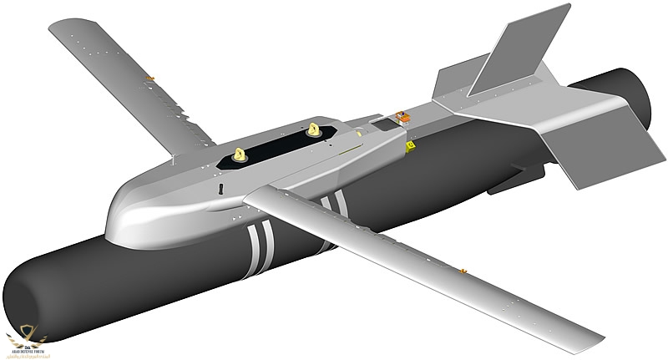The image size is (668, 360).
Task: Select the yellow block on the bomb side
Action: pos(409,146)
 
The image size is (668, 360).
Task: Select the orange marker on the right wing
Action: pos(462,271)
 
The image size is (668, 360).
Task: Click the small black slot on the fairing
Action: pos(220,189)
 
